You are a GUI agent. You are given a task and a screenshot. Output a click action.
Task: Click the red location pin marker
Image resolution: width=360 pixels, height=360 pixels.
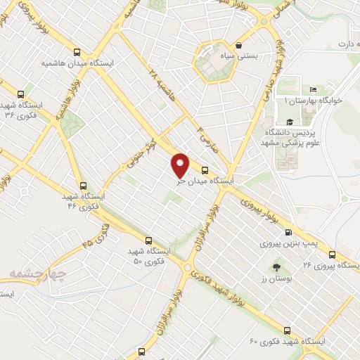point(181,165)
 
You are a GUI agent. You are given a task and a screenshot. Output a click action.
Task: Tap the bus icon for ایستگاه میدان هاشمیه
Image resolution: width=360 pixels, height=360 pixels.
point(77,52)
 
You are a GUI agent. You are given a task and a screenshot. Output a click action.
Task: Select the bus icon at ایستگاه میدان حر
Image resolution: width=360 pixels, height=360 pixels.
point(205,170)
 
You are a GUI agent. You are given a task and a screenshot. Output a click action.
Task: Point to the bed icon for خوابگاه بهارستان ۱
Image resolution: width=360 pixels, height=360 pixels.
point(314,90)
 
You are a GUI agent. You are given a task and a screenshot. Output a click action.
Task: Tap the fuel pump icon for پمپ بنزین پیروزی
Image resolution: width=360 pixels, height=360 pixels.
point(288,233)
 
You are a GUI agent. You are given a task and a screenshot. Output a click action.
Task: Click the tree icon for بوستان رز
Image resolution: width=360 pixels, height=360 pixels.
point(276,267)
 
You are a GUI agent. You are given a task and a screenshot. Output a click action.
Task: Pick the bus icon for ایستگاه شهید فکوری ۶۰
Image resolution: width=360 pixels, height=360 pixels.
point(286,330)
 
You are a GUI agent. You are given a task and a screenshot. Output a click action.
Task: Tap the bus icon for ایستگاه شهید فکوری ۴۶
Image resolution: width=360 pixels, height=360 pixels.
point(84,186)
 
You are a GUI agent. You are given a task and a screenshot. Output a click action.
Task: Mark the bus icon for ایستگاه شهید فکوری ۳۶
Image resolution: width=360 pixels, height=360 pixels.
point(20,94)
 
